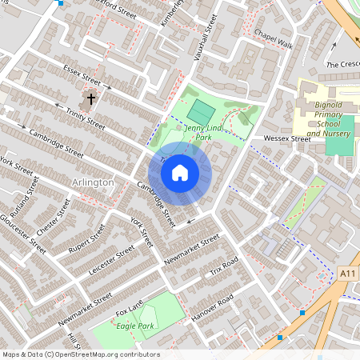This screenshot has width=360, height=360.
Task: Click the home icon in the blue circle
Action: [x=180, y=172]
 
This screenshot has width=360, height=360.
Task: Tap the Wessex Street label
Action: [x=287, y=138]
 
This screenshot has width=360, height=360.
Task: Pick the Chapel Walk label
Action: [x=274, y=39]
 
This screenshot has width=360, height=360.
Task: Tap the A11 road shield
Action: [x=346, y=274]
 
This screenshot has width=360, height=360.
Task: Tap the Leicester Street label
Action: [x=107, y=263]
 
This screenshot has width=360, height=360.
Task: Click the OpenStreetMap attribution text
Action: [x=81, y=354]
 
